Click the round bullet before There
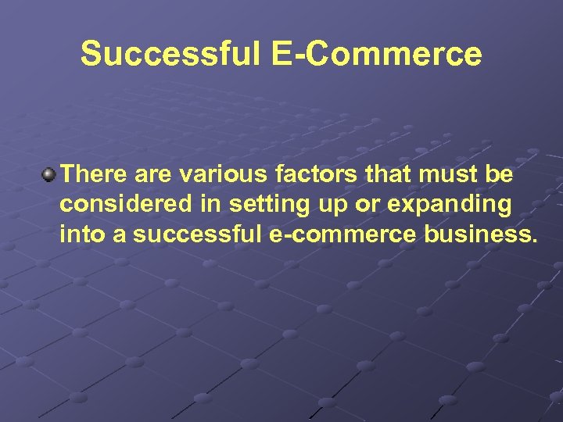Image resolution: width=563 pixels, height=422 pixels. tap(49, 172)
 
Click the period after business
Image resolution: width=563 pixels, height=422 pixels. tap(534, 239)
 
